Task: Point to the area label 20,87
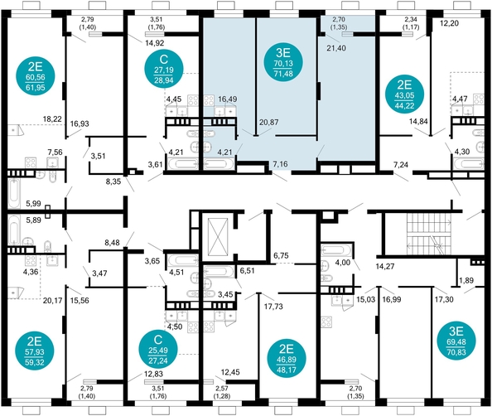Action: tap(268, 122)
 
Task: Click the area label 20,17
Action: tap(52, 300)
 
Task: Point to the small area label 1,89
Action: tap(467, 281)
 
